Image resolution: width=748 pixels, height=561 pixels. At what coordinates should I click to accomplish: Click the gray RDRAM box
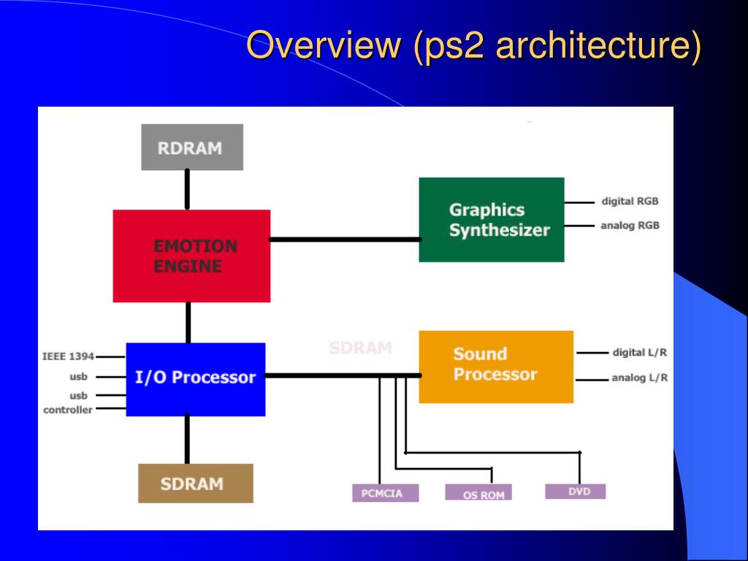tap(191, 147)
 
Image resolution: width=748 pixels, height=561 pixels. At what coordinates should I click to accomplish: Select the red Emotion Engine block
tap(191, 256)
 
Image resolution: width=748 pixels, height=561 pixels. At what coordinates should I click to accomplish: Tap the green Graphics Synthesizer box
tap(491, 219)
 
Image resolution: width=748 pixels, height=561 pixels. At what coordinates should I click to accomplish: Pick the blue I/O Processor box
tap(195, 378)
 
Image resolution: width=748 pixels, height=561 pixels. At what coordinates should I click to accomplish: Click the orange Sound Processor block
tap(495, 366)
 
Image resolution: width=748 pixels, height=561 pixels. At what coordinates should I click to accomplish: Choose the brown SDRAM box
tap(195, 483)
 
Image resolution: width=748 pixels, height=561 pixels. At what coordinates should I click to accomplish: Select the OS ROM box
tap(478, 494)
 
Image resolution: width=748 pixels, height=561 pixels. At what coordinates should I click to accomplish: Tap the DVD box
tap(575, 492)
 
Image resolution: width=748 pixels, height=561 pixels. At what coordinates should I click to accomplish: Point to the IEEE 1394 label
tap(68, 356)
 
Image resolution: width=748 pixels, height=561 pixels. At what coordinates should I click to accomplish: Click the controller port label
tap(68, 410)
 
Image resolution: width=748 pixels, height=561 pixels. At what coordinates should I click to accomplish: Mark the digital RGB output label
tap(630, 202)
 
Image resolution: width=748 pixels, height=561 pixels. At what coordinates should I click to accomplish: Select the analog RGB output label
tap(630, 226)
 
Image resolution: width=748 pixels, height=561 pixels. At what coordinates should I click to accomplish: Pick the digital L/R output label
tap(639, 353)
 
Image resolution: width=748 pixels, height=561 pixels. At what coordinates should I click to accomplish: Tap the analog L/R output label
tap(639, 378)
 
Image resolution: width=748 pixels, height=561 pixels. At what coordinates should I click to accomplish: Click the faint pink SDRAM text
tap(360, 348)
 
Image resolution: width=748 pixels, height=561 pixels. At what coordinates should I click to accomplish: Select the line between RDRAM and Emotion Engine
tap(187, 190)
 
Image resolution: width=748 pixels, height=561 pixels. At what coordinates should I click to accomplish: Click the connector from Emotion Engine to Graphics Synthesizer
tap(344, 239)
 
